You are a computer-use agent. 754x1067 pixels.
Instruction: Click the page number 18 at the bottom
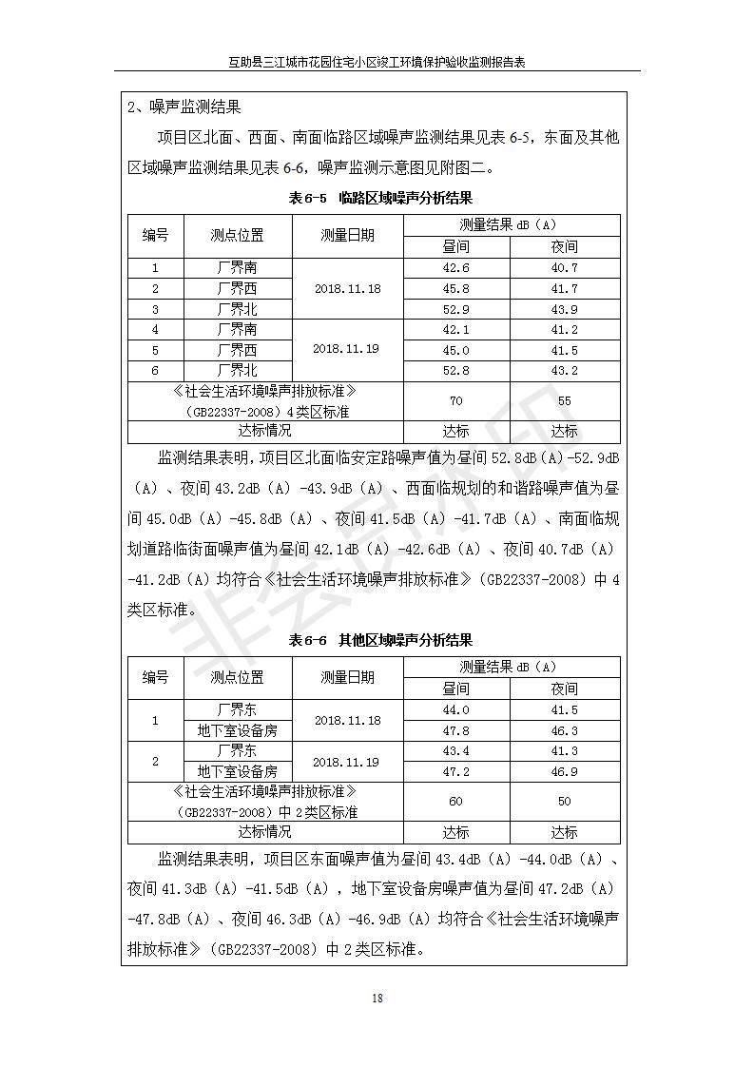[377, 998]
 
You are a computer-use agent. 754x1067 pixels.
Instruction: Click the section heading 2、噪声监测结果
[184, 107]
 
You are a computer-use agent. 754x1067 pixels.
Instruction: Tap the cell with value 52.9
[456, 309]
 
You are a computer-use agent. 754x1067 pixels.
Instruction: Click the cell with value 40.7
[564, 268]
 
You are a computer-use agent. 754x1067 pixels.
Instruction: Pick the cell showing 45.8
[456, 288]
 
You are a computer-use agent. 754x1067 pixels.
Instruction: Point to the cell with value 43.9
[564, 309]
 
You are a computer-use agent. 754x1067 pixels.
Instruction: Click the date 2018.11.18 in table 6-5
[347, 288]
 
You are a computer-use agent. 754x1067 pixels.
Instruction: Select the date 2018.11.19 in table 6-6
[347, 762]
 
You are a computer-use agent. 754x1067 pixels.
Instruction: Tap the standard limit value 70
[456, 401]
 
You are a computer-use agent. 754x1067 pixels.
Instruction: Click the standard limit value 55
[564, 401]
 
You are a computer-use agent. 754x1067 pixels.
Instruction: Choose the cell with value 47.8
[456, 730]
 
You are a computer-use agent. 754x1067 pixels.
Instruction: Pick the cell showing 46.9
[564, 771]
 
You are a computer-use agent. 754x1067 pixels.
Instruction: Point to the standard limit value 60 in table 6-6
[456, 802]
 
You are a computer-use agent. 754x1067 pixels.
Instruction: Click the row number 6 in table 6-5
[155, 370]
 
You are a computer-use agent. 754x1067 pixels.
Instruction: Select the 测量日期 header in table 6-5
[347, 235]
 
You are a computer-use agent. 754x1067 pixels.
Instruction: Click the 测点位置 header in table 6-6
[237, 677]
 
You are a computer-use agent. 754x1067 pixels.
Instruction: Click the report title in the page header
[377, 62]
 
